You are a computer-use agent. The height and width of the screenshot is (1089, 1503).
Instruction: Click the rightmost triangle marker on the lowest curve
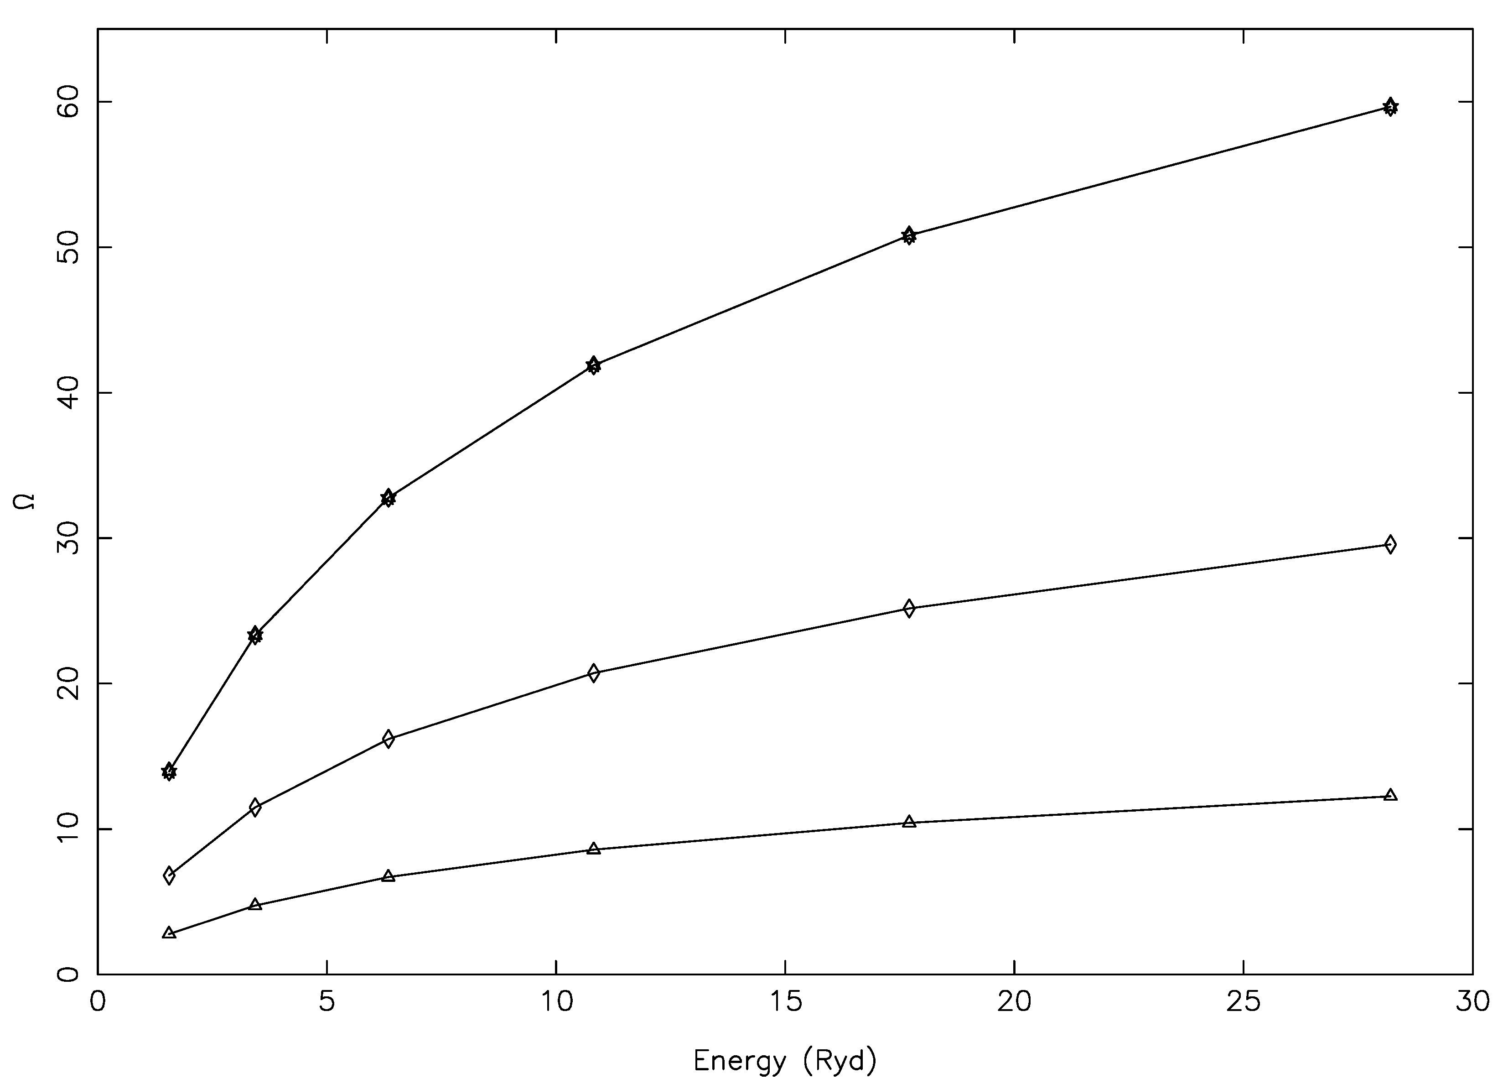click(1390, 795)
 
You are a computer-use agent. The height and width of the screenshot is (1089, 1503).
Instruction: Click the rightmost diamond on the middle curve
click(1390, 545)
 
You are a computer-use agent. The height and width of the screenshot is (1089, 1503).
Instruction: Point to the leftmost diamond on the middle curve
click(169, 875)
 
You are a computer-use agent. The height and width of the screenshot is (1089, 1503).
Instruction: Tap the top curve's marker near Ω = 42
click(593, 365)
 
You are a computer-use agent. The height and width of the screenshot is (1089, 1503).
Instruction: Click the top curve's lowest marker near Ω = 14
click(169, 771)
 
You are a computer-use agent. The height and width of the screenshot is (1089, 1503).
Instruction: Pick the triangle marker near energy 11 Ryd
click(593, 849)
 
